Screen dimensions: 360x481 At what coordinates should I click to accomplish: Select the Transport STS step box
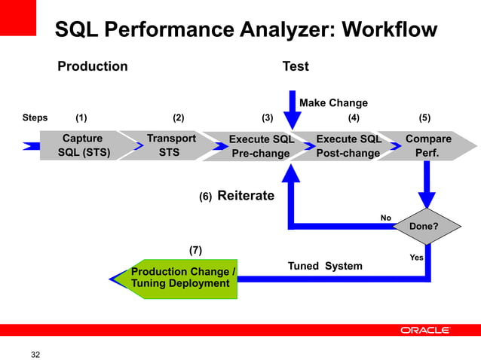[170, 145]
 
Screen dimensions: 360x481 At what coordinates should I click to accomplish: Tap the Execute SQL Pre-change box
[260, 146]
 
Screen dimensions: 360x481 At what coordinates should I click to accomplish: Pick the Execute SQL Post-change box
[348, 146]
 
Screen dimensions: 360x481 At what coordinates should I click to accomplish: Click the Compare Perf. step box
[427, 145]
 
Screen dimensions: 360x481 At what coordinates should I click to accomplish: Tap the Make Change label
[333, 102]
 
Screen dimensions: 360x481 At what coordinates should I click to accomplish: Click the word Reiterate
[246, 196]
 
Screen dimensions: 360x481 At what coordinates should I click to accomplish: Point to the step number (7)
[195, 250]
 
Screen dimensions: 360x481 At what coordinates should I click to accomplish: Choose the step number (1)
[81, 117]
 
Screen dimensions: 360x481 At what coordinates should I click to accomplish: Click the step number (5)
[425, 117]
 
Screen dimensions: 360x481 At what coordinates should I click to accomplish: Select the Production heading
[93, 66]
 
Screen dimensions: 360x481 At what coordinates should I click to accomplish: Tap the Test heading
[295, 66]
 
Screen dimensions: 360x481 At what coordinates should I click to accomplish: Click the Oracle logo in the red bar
[424, 330]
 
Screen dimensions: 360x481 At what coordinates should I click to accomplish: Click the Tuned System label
[325, 266]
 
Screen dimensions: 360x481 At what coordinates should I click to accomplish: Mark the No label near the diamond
[385, 218]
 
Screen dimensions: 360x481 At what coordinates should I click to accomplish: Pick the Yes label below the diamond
[416, 258]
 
